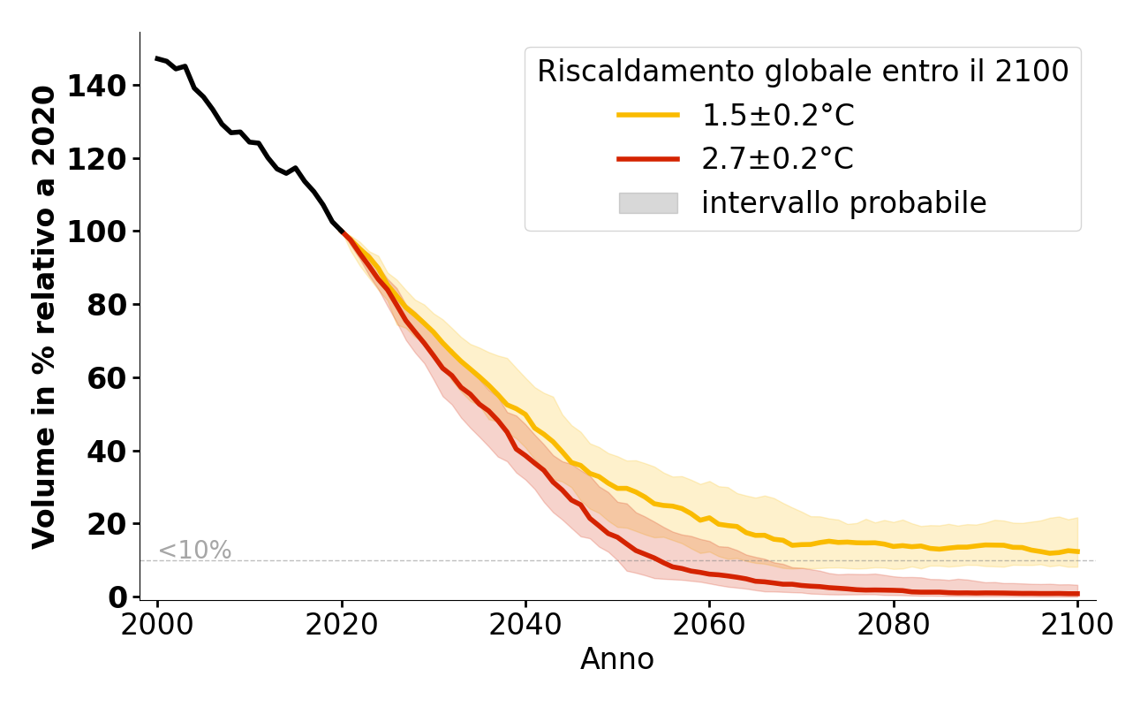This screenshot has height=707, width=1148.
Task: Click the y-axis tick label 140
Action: point(107,87)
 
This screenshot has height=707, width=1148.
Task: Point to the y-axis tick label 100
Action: point(107,232)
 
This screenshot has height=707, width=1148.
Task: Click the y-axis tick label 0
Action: point(118,597)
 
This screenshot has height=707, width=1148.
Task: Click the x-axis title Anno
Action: point(617,660)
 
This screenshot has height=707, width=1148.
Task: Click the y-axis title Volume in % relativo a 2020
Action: point(45,316)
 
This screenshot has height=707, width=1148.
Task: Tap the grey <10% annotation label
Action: point(194,551)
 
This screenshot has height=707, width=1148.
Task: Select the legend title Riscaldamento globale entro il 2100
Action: point(803,72)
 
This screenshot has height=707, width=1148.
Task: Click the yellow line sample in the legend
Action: point(648,115)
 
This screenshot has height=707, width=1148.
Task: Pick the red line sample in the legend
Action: point(648,159)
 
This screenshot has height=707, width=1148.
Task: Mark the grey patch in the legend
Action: point(648,203)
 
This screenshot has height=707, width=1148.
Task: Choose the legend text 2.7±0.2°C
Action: point(778,159)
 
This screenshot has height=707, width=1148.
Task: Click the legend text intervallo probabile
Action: point(843,203)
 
